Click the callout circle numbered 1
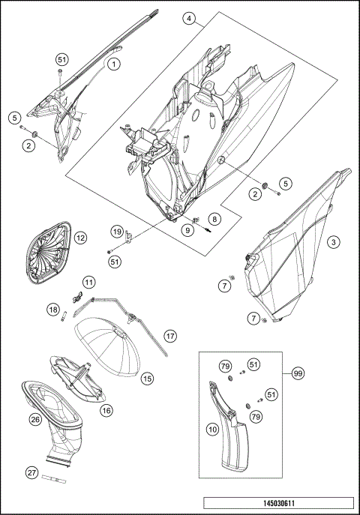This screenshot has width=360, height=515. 114,64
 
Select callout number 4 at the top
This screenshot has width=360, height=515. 189,19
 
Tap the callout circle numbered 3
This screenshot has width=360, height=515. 334,242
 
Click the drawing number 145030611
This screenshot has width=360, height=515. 279,503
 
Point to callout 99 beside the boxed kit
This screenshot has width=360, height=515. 298,373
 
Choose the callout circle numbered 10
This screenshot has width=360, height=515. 213,429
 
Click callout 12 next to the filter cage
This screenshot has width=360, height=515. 80,238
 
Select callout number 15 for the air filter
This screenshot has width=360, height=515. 147,379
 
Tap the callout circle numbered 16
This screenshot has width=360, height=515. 106,410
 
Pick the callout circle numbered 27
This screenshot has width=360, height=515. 31,472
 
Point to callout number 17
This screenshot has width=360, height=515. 170,336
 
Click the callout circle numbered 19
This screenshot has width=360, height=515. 116,232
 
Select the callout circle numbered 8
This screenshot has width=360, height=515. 214,219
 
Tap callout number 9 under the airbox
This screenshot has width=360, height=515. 187,230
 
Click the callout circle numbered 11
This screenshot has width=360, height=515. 88,282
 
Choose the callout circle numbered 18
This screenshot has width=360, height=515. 53,309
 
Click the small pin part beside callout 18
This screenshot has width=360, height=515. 64,317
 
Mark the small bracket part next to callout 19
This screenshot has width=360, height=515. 129,238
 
